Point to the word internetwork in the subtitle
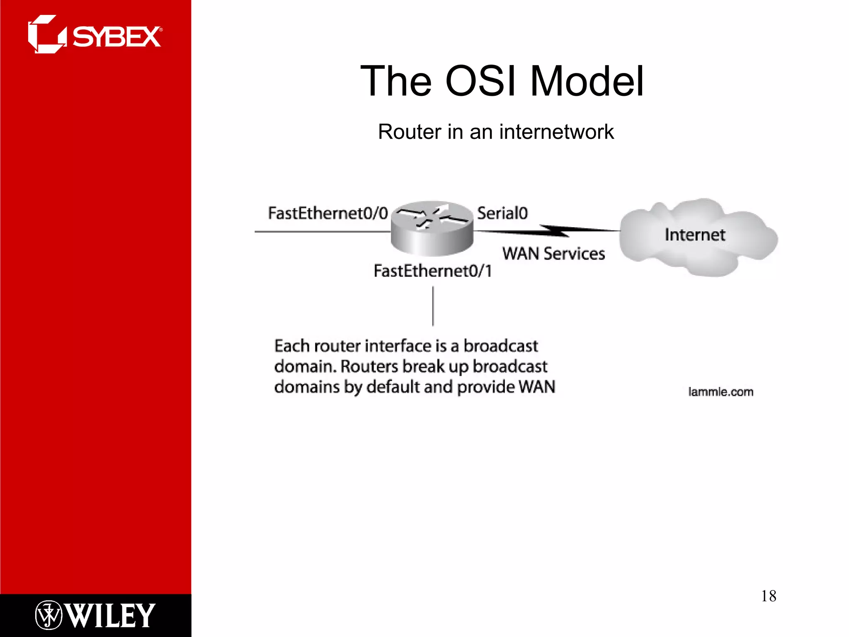click(x=556, y=132)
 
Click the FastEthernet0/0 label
click(x=327, y=213)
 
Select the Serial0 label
click(x=502, y=213)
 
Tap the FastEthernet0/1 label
click(x=432, y=271)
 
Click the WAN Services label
click(x=553, y=253)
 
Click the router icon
click(x=432, y=229)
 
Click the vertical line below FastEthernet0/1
click(x=433, y=306)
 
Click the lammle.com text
click(x=720, y=392)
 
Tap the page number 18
click(x=768, y=596)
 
